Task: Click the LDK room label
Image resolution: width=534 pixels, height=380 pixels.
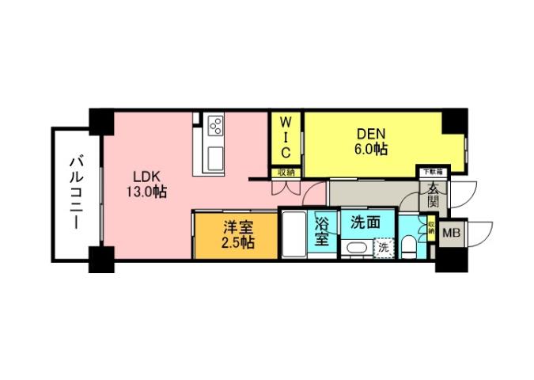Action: (x=142, y=176)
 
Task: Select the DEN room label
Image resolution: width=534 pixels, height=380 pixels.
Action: (x=369, y=134)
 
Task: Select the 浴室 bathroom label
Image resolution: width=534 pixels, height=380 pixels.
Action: (x=323, y=232)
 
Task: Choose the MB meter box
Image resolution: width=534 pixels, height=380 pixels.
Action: (x=453, y=233)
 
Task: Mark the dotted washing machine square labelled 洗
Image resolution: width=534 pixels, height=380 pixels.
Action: (x=384, y=248)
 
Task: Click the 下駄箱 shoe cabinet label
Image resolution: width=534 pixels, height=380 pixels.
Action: (x=432, y=170)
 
